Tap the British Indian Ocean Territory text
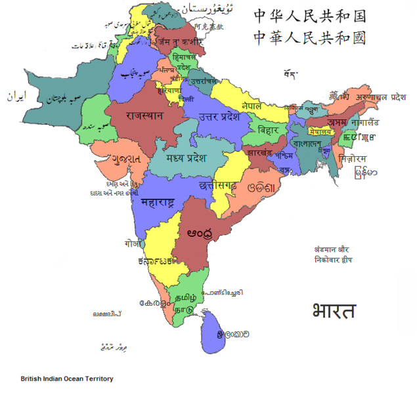(x=67, y=379)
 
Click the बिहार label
(x=268, y=130)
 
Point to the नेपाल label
(x=252, y=106)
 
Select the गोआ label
(x=133, y=243)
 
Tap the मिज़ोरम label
(x=353, y=158)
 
